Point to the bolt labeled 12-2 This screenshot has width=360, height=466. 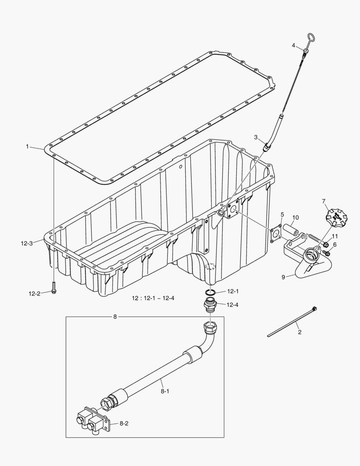tap(53, 288)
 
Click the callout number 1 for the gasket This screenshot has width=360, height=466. tap(27, 147)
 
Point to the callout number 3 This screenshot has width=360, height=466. tap(256, 137)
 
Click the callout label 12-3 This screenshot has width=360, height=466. tap(26, 243)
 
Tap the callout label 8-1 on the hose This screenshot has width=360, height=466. tap(164, 392)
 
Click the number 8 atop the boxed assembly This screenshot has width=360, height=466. tap(115, 317)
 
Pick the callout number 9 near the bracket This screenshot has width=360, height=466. tap(283, 277)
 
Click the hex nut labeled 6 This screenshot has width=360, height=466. tap(326, 253)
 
